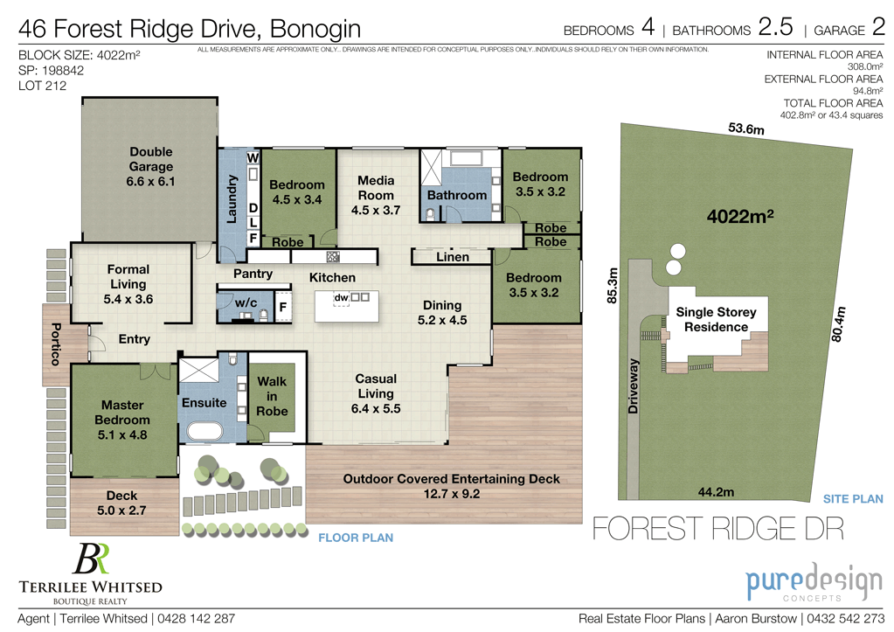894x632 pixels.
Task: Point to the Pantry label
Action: pos(253,274)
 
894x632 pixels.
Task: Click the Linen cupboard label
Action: pos(452,257)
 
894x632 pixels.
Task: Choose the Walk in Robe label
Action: pos(272,397)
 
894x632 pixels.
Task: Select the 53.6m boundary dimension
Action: pos(746,129)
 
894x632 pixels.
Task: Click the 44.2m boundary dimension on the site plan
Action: pos(715,492)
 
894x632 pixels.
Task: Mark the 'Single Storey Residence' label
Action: pos(716,319)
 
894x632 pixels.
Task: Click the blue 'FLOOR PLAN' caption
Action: pos(356,538)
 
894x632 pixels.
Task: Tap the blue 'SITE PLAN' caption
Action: pos(853,498)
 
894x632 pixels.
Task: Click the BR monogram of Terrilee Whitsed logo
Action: pos(91,559)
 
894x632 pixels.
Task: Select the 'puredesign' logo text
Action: pos(800,581)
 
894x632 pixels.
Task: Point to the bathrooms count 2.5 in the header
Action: pos(775,28)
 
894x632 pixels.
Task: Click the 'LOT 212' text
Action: pos(42,86)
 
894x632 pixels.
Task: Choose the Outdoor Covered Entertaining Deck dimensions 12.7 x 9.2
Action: pos(451,494)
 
